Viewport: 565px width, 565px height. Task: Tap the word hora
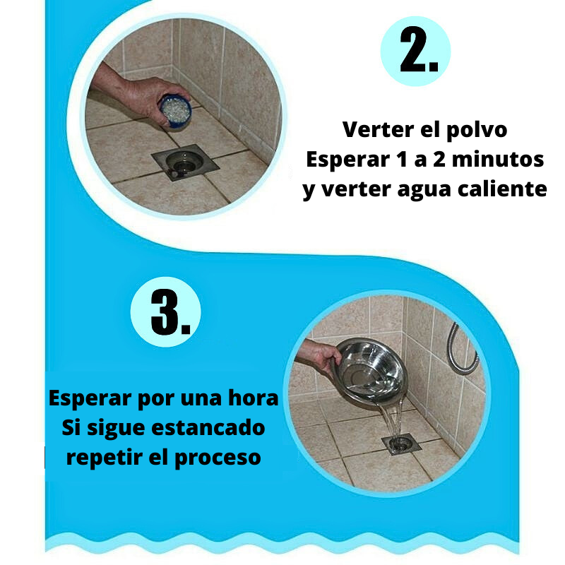tap(254, 398)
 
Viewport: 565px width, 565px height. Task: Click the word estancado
tap(208, 428)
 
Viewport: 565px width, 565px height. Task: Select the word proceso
tap(218, 458)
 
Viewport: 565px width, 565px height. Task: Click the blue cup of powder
tap(175, 111)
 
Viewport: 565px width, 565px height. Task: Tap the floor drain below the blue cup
tap(185, 162)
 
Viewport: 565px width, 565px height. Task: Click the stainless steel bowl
tap(371, 372)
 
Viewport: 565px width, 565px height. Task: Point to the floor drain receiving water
tap(401, 444)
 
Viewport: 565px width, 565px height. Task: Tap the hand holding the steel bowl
tap(319, 355)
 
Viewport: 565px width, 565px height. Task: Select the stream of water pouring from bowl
tap(393, 420)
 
